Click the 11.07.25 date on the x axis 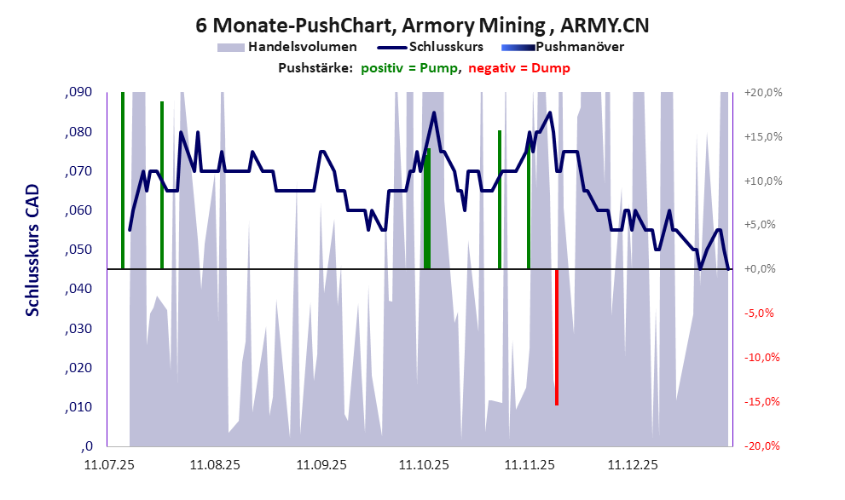click(108, 465)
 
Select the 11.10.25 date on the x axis click(424, 465)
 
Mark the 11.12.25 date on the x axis click(632, 465)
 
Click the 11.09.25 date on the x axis click(321, 465)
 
